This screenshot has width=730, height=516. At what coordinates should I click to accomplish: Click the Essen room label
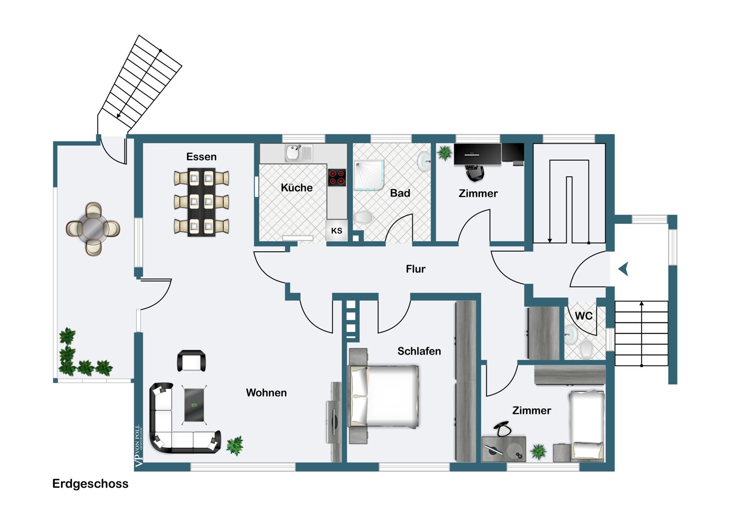coord(201,157)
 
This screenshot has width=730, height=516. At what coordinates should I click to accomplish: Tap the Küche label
coord(296,187)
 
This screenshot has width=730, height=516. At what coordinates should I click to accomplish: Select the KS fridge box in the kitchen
coord(336,231)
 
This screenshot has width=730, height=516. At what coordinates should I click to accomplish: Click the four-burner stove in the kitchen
coord(337,177)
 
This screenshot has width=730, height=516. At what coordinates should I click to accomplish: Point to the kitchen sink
coord(293,153)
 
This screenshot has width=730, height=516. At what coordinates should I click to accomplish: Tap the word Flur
coord(415,269)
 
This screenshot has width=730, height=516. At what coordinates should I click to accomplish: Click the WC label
coord(584,316)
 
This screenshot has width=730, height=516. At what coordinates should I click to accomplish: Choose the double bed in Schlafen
coord(384,395)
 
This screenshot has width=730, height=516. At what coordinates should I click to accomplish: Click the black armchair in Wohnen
coord(191,361)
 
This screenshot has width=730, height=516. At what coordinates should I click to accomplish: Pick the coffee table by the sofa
coord(194,404)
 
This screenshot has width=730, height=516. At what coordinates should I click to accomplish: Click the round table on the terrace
coord(93,228)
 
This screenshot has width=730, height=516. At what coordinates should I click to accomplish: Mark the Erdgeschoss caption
coord(91,483)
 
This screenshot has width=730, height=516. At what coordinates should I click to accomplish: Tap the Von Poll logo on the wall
coord(138,445)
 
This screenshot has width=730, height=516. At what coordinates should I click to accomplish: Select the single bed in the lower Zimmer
coord(587,425)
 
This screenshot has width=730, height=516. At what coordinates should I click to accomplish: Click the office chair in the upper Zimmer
coord(474,172)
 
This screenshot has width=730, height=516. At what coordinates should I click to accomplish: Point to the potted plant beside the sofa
coord(235,445)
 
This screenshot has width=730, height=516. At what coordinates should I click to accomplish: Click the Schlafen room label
coord(419,351)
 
